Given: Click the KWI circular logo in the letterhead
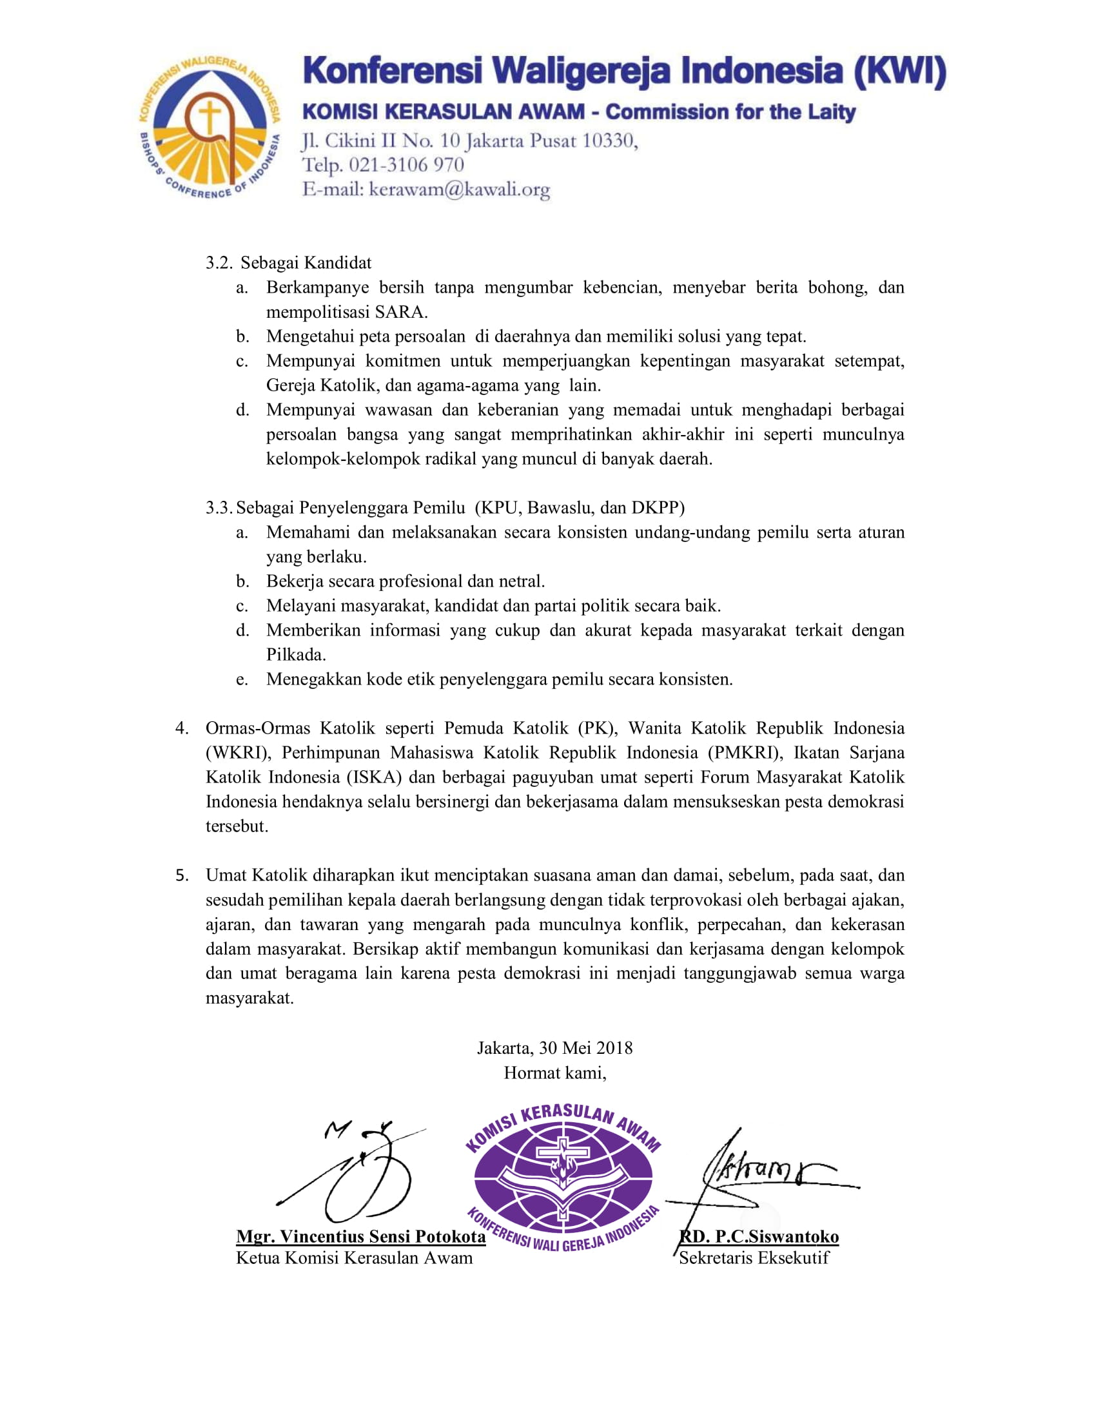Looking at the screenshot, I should pyautogui.click(x=209, y=127).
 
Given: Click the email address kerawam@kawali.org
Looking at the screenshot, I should pyautogui.click(x=459, y=189).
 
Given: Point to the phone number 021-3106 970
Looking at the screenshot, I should pyautogui.click(x=406, y=165).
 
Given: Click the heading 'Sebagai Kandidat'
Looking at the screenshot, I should pyautogui.click(x=306, y=263).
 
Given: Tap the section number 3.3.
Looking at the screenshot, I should pyautogui.click(x=218, y=507).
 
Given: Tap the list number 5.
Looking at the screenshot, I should pyautogui.click(x=182, y=875).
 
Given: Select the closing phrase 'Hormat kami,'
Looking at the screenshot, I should pyautogui.click(x=554, y=1073).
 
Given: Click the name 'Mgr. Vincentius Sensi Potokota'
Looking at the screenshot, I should pyautogui.click(x=361, y=1236).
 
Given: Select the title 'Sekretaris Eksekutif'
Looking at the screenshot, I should pyautogui.click(x=754, y=1258).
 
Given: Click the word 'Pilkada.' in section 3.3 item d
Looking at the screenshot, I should pyautogui.click(x=296, y=654).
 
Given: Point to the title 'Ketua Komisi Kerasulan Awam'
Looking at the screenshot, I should pyautogui.click(x=355, y=1258).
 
